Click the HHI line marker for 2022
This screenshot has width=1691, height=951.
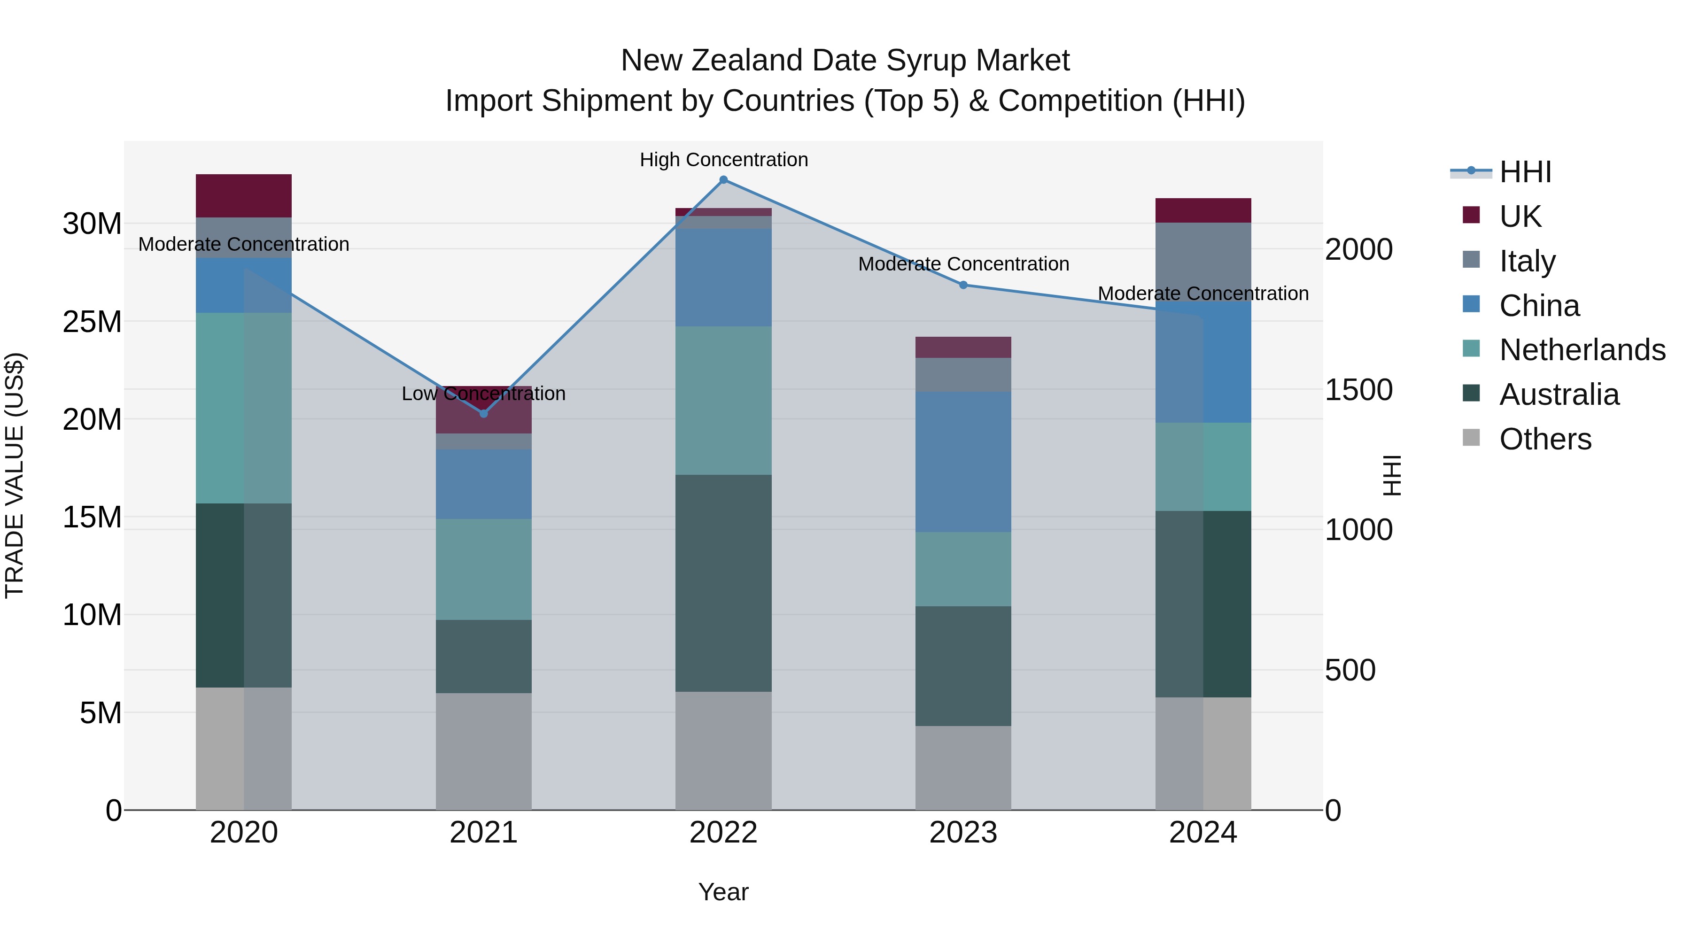click(723, 180)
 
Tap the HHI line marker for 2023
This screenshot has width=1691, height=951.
click(963, 285)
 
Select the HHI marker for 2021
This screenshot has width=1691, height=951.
click(484, 413)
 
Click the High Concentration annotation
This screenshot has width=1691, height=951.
click(723, 160)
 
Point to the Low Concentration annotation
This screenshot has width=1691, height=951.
click(483, 394)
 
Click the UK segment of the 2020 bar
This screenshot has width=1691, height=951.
click(243, 195)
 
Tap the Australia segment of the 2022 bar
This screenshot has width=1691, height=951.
click(723, 583)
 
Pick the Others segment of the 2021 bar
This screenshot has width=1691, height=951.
click(484, 751)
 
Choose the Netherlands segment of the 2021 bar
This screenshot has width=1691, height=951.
click(484, 569)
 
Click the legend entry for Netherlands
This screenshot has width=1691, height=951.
click(1582, 350)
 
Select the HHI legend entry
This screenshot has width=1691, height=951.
click(1525, 172)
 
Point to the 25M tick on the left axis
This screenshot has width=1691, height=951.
click(92, 322)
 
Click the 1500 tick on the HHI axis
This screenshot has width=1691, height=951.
click(1358, 390)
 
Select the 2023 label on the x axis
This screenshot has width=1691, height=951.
click(963, 833)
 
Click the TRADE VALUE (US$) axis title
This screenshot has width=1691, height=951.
click(15, 475)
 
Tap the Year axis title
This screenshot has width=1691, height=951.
click(723, 892)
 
